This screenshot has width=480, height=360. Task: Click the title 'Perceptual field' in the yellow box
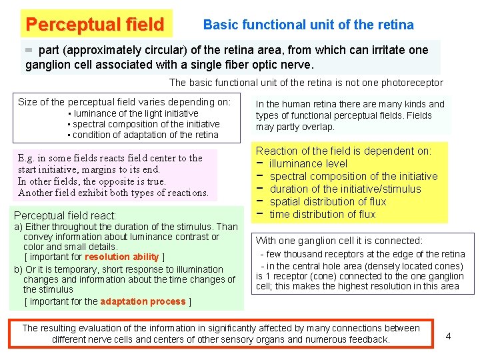[94, 25]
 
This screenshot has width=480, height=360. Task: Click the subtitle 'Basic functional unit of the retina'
[308, 25]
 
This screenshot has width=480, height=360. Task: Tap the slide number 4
[448, 336]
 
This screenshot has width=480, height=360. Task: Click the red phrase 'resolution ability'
[121, 257]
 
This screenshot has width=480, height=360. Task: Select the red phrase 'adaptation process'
[143, 301]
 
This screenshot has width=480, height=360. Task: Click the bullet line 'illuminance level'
[308, 163]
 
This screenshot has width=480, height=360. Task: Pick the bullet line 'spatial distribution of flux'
[327, 201]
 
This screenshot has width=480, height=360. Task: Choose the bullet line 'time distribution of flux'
[322, 214]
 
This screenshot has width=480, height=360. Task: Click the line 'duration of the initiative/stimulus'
[345, 189]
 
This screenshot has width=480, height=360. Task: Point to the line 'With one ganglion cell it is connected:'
[339, 241]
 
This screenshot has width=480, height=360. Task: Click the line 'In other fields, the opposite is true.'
[92, 181]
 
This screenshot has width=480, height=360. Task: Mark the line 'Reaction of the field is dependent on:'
[344, 151]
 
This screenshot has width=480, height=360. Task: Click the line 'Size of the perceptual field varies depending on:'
[124, 102]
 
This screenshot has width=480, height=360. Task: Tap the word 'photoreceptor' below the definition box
[412, 83]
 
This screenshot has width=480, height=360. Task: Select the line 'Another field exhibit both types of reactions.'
[113, 193]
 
